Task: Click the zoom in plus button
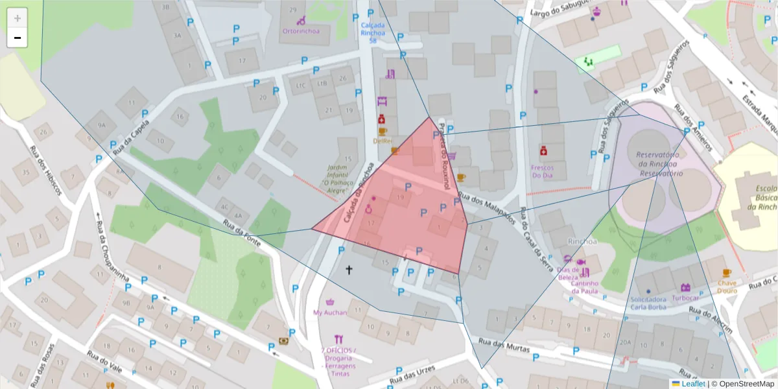(18, 18)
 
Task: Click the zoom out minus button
(18, 38)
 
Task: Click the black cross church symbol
(348, 269)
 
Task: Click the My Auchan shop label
(330, 312)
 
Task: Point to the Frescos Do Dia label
(542, 171)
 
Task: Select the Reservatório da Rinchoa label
(658, 165)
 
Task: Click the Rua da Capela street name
(132, 136)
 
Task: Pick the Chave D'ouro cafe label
(727, 287)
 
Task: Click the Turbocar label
(685, 299)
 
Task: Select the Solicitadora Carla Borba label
(648, 303)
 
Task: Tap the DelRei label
(383, 141)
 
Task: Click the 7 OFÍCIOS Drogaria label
(338, 359)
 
